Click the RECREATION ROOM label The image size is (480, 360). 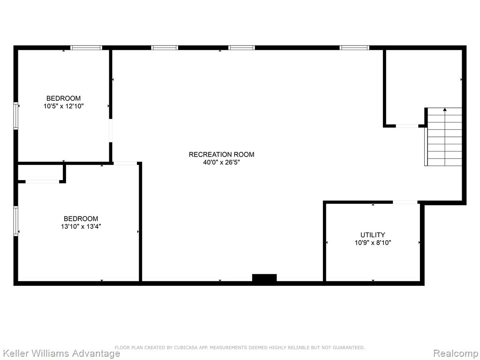pyautogui.click(x=221, y=155)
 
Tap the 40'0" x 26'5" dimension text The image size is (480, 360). pyautogui.click(x=221, y=163)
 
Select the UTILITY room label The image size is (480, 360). pyautogui.click(x=373, y=235)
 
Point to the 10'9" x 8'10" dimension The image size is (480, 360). pyautogui.click(x=373, y=243)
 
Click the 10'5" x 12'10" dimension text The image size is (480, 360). pyautogui.click(x=64, y=106)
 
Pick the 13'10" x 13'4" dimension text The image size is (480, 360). pyautogui.click(x=81, y=226)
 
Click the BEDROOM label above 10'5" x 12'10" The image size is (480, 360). pyautogui.click(x=64, y=98)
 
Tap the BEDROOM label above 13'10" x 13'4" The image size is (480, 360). pyautogui.click(x=81, y=218)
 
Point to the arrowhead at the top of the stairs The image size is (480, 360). pyautogui.click(x=445, y=109)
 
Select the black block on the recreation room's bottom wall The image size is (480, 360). pyautogui.click(x=264, y=277)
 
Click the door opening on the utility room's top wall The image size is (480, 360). pyautogui.click(x=405, y=202)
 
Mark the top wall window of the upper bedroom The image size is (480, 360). pyautogui.click(x=86, y=48)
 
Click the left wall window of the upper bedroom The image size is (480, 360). pyautogui.click(x=16, y=116)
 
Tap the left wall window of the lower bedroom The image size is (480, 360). pyautogui.click(x=16, y=221)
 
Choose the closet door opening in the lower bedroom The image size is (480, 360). pyautogui.click(x=42, y=182)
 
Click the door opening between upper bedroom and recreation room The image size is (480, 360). pyautogui.click(x=111, y=130)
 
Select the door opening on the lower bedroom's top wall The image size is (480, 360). pyautogui.click(x=125, y=164)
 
